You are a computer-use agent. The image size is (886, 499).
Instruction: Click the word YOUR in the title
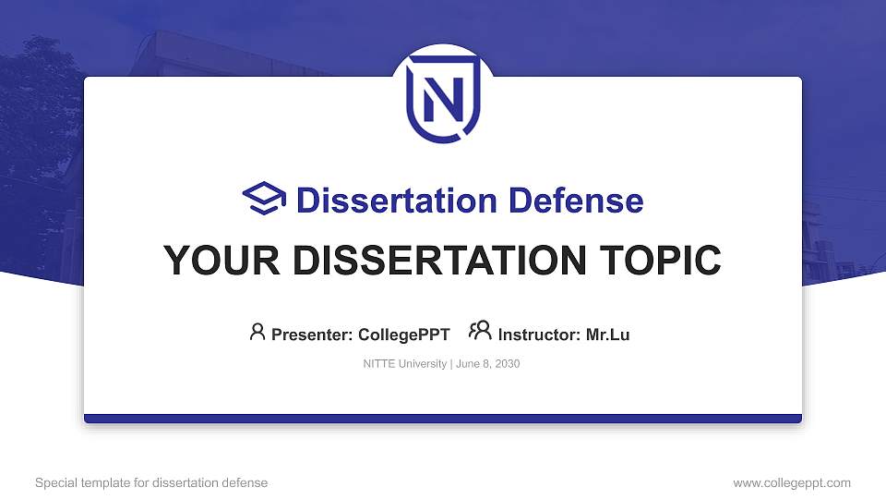point(213,261)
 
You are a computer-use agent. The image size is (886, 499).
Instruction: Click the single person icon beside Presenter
point(257,332)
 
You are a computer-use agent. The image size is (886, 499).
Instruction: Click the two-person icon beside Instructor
point(480,332)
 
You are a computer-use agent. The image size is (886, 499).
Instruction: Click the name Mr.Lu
point(607,335)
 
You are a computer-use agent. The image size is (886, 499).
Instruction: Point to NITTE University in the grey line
point(405,364)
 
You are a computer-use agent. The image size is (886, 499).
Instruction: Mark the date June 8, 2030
point(488,364)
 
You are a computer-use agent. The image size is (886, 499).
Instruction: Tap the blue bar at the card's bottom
point(443,419)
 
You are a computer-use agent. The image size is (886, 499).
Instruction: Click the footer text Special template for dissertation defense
point(151,482)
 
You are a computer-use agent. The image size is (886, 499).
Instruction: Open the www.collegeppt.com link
point(792,482)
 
